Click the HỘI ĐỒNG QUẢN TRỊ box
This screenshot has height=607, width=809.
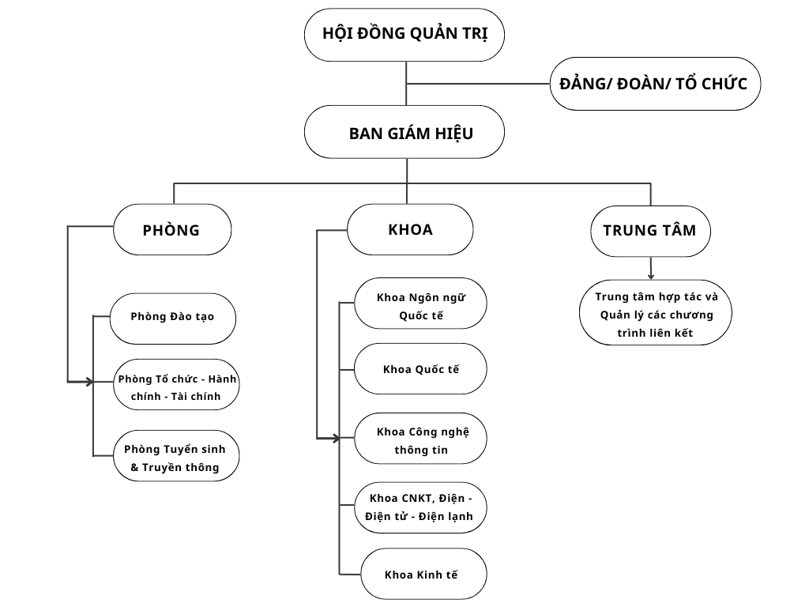point(404,35)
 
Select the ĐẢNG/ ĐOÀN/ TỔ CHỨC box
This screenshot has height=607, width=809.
point(655,84)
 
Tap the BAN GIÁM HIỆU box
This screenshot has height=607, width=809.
point(404,133)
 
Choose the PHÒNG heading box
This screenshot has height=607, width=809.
point(172,230)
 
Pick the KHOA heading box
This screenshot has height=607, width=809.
point(410,230)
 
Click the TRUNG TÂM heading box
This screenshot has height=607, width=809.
point(650,231)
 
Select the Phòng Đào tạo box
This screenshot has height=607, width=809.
point(172,318)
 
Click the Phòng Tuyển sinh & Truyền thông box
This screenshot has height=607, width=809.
point(175,457)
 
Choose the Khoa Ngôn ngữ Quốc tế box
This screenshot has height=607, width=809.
point(420,303)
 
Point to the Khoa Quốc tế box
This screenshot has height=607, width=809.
point(420,369)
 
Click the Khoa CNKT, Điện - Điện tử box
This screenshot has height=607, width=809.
point(420,507)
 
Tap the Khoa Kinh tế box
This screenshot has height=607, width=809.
point(423,575)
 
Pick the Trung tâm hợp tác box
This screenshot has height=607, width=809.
point(655,313)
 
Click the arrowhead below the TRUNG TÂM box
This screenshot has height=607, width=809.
point(651,276)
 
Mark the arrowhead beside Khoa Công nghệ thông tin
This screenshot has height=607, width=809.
point(336,438)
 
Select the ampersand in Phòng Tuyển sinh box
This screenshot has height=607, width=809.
point(135,467)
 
